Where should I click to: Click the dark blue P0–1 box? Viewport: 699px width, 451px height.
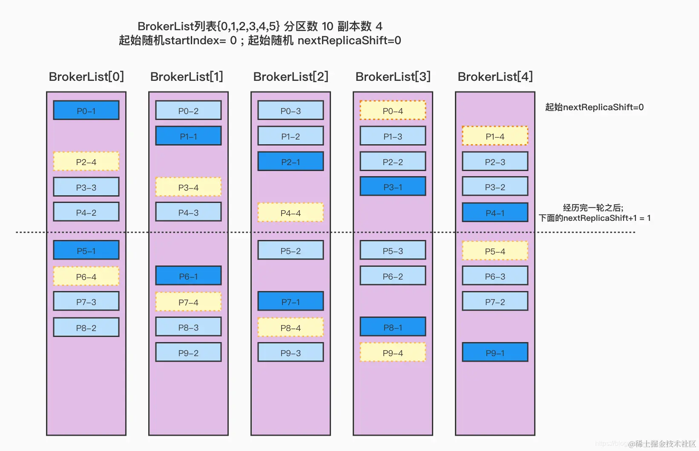pos(86,110)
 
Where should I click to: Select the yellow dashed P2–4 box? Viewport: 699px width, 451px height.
pos(86,162)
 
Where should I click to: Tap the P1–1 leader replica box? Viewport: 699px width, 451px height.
pos(188,136)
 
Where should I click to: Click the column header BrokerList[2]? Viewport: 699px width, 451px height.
pos(291,77)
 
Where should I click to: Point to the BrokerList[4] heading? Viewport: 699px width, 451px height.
pos(495,77)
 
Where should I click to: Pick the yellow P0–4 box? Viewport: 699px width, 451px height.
pos(393,111)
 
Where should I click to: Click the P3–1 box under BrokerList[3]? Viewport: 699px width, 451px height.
pos(393,187)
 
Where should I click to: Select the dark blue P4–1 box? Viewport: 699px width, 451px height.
pos(495,213)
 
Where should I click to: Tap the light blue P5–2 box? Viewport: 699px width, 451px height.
pos(291,251)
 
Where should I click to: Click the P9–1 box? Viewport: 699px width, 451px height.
pos(495,353)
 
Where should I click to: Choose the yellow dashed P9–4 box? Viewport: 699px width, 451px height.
pos(393,353)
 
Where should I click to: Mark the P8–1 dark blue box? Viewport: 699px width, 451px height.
pos(393,327)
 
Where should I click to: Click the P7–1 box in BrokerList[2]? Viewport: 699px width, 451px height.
pos(291,302)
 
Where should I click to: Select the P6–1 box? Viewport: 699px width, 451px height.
pos(188,276)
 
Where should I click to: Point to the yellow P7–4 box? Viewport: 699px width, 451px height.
pos(188,302)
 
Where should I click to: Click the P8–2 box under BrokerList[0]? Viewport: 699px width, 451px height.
pos(86,328)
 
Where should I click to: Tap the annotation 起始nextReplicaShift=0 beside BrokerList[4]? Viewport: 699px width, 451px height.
pos(594,107)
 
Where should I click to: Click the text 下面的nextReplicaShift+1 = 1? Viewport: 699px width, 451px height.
pos(594,218)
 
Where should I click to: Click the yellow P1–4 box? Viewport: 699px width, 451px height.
pos(495,136)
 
